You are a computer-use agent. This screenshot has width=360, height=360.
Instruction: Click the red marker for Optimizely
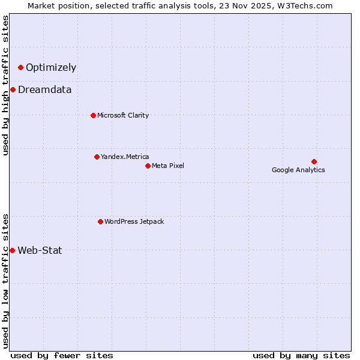(20, 68)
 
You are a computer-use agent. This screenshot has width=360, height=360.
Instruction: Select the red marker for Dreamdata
(13, 90)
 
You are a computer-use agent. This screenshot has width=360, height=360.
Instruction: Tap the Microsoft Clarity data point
(93, 115)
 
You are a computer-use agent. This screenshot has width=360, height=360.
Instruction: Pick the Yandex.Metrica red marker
(97, 157)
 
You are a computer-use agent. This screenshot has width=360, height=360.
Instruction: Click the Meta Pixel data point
(148, 166)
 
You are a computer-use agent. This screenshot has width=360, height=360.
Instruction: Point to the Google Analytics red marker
(314, 161)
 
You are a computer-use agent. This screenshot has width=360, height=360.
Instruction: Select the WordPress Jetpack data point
(100, 222)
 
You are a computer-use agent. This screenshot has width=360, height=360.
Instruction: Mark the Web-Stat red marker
(12, 250)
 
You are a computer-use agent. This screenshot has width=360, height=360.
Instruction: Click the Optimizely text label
(51, 68)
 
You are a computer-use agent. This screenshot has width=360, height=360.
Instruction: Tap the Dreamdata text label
(45, 90)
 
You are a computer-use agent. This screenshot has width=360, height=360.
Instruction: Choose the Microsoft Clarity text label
(123, 115)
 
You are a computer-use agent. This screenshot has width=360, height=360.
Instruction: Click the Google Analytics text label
(298, 170)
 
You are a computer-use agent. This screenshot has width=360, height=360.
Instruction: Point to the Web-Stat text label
(40, 250)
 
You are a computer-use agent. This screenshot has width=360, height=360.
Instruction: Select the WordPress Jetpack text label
(134, 222)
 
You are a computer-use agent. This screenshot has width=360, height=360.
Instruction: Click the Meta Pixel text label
(168, 166)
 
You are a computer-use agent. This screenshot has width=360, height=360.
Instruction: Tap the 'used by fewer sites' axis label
(62, 355)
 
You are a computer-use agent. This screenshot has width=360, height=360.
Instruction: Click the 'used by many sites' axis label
(301, 355)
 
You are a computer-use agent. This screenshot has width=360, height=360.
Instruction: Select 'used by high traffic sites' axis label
(5, 85)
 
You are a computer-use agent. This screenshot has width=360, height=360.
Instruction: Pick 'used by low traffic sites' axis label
(5, 281)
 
